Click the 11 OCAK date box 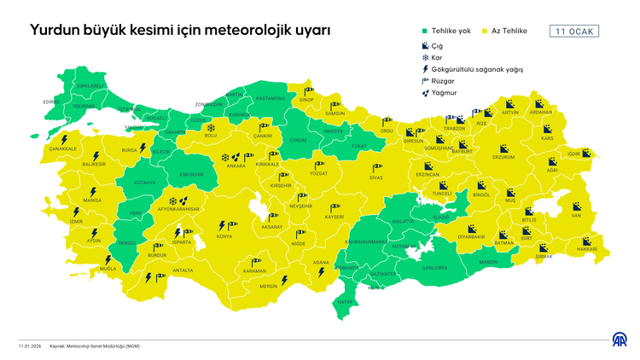click(x=573, y=32)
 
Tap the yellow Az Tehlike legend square click(x=483, y=32)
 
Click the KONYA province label click(x=224, y=235)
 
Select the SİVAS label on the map click(x=375, y=177)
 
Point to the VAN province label click(x=576, y=216)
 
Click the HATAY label click(x=345, y=302)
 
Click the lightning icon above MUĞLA click(x=108, y=259)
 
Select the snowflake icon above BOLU click(x=211, y=127)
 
